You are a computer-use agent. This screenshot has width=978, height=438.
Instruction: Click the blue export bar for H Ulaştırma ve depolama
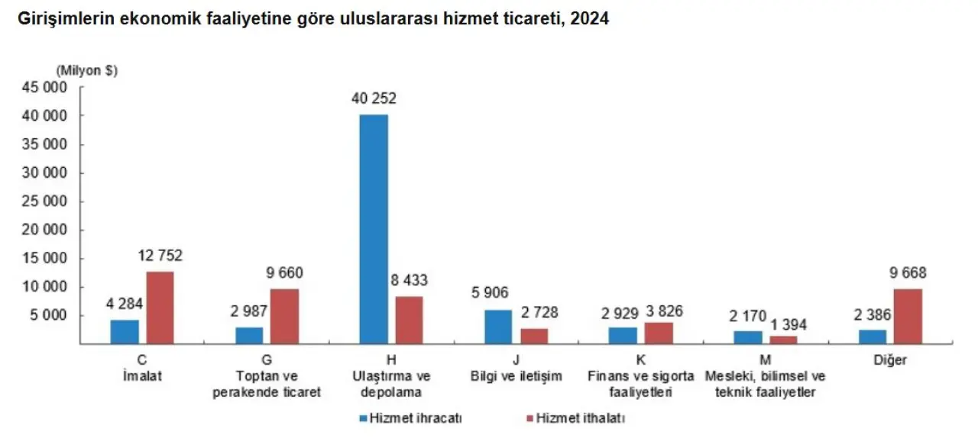[374, 229]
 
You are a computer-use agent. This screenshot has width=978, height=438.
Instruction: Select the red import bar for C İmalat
[160, 308]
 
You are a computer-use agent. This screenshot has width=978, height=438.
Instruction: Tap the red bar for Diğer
[908, 316]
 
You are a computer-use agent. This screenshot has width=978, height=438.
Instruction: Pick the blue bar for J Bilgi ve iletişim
[498, 327]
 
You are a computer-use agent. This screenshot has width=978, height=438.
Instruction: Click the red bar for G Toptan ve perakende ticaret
[284, 316]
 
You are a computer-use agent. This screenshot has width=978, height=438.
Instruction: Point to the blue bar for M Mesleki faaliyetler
[748, 337]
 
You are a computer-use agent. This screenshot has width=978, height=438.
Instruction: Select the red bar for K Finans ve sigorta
[658, 333]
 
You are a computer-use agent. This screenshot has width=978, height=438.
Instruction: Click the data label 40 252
[374, 98]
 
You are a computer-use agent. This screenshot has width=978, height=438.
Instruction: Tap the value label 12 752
[160, 256]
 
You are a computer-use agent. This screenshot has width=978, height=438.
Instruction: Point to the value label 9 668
[908, 273]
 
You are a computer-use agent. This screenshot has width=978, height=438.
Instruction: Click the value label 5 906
[490, 293]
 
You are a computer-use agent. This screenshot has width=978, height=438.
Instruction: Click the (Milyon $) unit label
[87, 70]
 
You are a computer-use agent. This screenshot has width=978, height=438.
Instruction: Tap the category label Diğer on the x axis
[890, 360]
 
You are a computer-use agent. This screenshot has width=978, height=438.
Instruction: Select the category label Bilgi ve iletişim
[517, 376]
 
